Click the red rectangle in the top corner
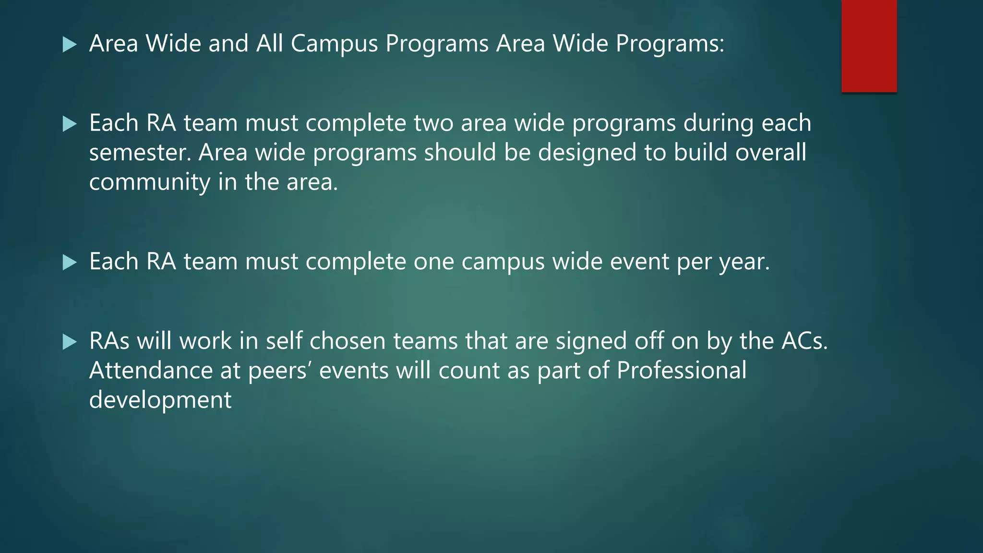pos(869,46)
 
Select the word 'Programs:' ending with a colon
pos(670,44)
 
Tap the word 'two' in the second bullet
pos(433,123)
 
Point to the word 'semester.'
pos(140,153)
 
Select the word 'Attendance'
pos(151,371)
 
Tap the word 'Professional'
pos(682,371)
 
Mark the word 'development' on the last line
pos(160,400)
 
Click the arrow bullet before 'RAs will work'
pos(70,342)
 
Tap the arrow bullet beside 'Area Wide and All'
pos(70,45)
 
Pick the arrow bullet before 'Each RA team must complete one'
pos(70,262)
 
